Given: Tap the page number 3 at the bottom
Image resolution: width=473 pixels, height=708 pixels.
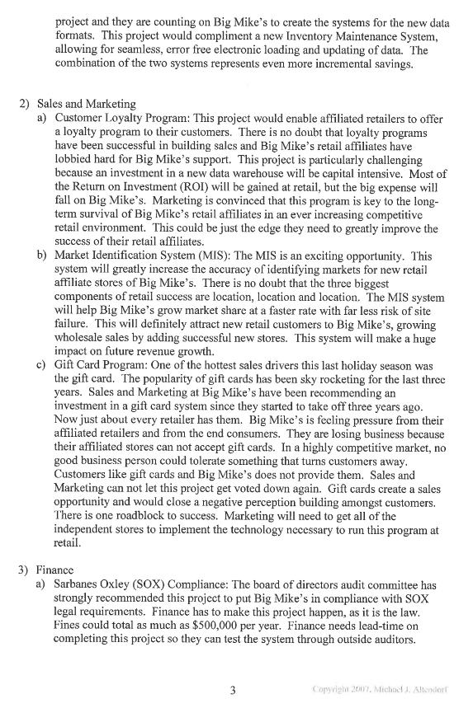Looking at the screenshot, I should pos(236,691).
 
